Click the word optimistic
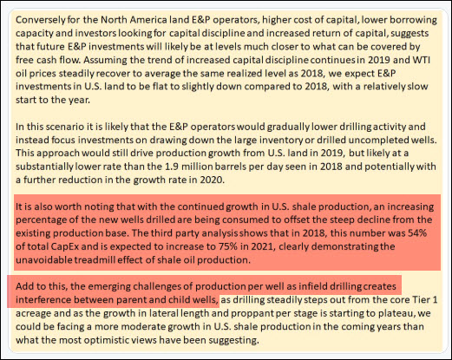coord(128,340)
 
